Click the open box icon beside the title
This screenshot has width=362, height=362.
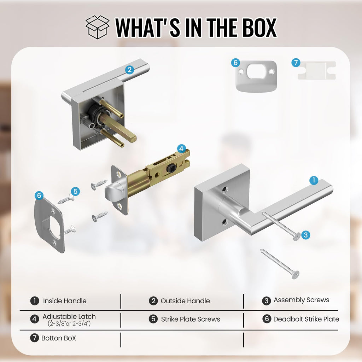click(98, 27)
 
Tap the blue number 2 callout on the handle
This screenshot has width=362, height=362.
click(129, 70)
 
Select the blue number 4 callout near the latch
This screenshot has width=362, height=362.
click(181, 149)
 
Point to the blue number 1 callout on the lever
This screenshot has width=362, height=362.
click(314, 180)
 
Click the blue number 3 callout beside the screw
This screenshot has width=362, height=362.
click(306, 235)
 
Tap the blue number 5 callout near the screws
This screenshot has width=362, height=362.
click(75, 191)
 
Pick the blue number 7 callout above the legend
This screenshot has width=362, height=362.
click(296, 63)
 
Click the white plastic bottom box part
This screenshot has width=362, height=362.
click(317, 70)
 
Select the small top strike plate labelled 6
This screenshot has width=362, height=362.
click(256, 76)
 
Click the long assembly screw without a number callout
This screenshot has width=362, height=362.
click(280, 264)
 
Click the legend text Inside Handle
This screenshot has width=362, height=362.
click(65, 301)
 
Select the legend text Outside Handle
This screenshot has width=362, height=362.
click(185, 301)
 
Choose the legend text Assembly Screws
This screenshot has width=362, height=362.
click(301, 300)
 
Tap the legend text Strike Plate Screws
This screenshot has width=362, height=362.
click(191, 319)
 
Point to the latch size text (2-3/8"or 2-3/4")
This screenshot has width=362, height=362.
click(69, 323)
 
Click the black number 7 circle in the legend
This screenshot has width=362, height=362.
click(34, 338)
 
